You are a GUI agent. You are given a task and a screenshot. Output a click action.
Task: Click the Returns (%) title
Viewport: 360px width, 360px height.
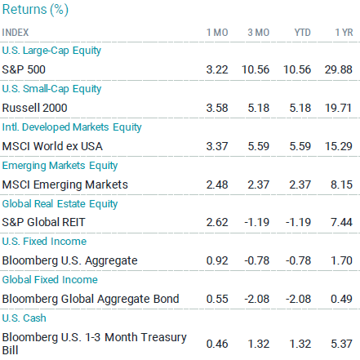point(35,10)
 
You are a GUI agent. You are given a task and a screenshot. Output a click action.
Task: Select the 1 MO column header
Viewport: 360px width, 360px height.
point(217,33)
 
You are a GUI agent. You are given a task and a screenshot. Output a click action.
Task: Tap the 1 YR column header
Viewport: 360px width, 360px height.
point(344,33)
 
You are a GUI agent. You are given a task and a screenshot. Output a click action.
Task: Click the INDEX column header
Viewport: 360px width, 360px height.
point(16,33)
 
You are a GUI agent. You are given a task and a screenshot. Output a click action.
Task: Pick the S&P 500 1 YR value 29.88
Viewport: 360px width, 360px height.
point(339,69)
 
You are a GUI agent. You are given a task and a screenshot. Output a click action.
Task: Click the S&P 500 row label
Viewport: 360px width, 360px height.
point(24,69)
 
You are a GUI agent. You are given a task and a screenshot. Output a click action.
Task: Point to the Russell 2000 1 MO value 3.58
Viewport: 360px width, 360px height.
point(217,108)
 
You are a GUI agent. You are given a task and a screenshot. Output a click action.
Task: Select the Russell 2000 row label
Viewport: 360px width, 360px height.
point(34,108)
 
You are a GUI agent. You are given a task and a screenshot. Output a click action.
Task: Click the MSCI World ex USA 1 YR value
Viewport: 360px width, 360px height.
point(339,146)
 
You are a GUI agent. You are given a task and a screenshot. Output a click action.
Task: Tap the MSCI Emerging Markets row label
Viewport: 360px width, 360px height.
point(65,184)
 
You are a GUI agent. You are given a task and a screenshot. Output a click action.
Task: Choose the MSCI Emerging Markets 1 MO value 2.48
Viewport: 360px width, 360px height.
point(217,184)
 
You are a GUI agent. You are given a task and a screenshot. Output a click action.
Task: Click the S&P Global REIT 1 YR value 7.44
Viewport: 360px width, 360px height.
point(341,222)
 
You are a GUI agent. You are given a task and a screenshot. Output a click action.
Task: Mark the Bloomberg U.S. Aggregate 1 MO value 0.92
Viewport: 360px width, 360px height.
point(217,260)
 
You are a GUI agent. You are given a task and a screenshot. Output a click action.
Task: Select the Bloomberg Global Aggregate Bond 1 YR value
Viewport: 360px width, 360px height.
point(341,299)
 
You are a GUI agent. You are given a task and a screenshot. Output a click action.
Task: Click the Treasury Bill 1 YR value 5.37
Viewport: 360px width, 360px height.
point(341,344)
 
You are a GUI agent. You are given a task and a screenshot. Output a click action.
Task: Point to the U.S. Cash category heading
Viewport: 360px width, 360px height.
point(24,318)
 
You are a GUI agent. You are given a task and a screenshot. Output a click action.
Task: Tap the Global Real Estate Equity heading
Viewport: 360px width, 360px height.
point(60,204)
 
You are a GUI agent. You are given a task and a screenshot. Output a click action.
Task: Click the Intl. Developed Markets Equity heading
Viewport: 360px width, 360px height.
point(72,127)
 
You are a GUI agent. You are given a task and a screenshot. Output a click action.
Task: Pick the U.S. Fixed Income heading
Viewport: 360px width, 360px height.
point(44,242)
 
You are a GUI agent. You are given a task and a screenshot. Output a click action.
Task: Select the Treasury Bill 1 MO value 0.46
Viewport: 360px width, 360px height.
point(217,344)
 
